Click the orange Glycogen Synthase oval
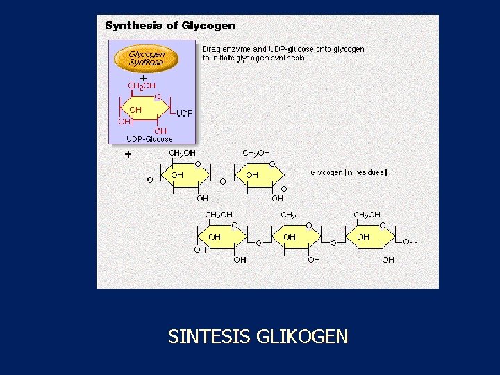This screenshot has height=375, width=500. [147, 58]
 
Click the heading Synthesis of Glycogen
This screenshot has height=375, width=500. [170, 26]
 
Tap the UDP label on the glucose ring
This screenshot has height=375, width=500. [184, 113]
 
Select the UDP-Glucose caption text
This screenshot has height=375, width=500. [149, 139]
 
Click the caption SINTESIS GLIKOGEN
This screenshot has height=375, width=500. [258, 337]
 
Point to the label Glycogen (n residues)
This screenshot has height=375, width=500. [349, 172]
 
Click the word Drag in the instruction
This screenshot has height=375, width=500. [211, 49]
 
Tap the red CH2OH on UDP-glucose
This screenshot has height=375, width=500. [142, 85]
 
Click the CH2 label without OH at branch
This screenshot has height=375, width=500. [288, 215]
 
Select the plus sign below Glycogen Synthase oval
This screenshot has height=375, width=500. [142, 77]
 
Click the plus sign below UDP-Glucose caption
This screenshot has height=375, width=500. [128, 155]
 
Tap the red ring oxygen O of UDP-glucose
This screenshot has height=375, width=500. [158, 97]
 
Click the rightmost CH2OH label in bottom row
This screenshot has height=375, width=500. [367, 215]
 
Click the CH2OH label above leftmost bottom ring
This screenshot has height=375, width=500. [219, 215]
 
